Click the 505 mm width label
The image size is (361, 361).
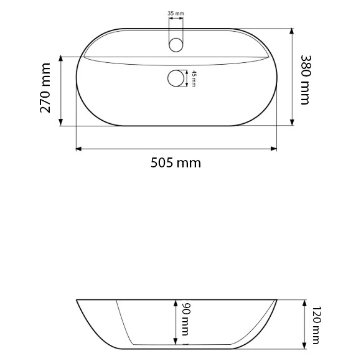176,163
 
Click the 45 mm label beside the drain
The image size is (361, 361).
194,79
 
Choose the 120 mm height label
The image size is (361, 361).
316,326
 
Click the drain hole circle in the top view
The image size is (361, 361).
177,79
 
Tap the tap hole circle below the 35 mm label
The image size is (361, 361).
176,45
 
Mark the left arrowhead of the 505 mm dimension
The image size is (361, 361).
78,149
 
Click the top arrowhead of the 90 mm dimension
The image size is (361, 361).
177,302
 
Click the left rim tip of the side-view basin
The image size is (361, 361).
77,301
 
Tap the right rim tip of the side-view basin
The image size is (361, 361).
278,301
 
